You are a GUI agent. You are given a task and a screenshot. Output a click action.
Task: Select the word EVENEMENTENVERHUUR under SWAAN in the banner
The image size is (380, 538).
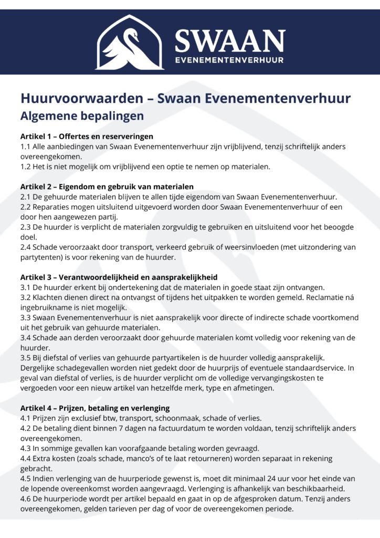click(230, 60)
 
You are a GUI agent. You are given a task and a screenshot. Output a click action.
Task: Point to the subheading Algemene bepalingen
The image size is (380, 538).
click(82, 115)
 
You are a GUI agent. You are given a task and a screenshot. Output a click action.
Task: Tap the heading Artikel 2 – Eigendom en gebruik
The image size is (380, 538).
click(107, 187)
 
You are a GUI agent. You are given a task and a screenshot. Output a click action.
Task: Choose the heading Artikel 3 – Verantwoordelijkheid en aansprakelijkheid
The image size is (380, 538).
click(119, 277)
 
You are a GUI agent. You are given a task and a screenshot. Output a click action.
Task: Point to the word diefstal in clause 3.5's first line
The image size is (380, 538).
click(60, 358)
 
